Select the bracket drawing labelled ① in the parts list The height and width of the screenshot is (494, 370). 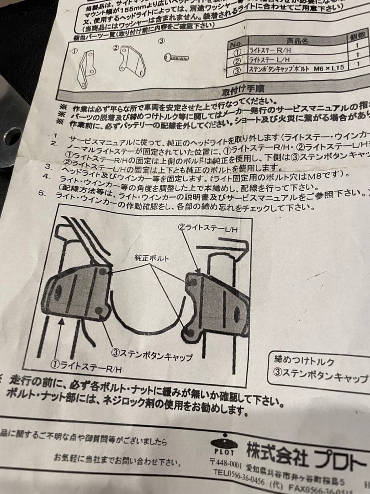86,68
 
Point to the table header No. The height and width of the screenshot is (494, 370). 236,45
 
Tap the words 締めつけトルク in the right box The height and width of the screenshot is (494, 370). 304,360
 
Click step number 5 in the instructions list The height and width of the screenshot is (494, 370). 42,193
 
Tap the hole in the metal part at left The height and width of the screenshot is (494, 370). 12,136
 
